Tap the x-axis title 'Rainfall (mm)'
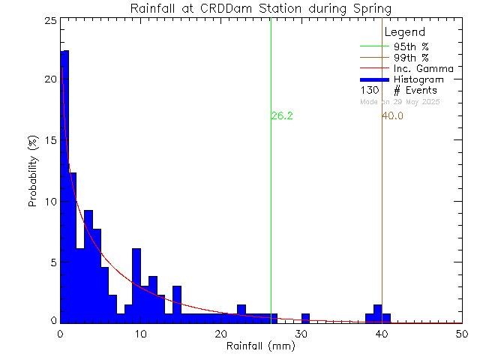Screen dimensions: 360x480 [261, 346]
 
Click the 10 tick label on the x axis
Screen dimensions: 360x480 [140, 334]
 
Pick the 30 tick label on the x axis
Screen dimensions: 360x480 [301, 334]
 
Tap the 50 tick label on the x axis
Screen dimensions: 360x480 [462, 334]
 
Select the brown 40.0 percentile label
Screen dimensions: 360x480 [392, 116]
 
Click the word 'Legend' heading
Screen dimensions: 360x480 [404, 32]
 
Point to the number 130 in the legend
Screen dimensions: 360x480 [369, 90]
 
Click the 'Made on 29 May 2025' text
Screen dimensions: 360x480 [400, 101]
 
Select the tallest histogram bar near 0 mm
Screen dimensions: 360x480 [64, 187]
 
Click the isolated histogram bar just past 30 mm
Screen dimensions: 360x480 [305, 318]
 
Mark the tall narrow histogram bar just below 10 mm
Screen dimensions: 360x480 [136, 285]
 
